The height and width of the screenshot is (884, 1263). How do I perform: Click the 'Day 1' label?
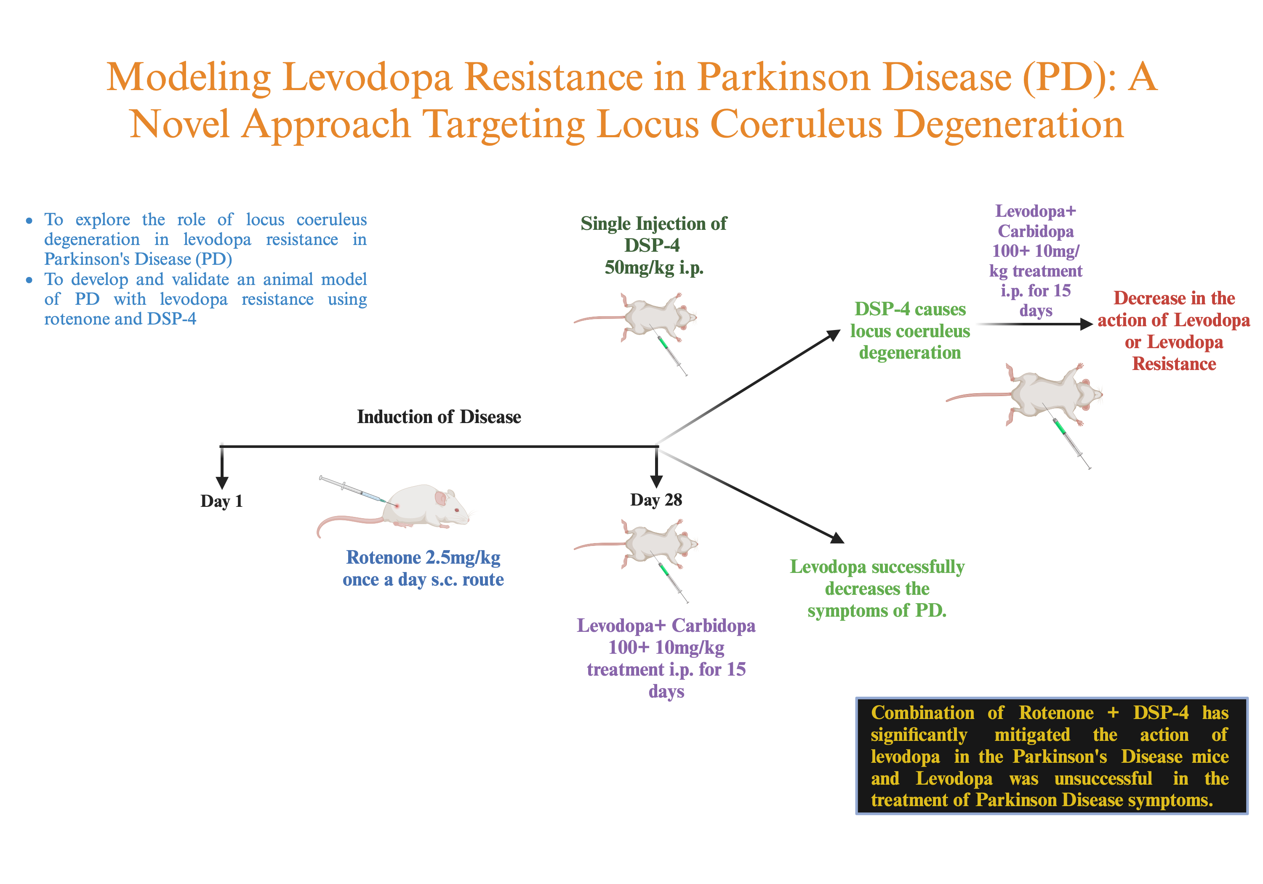(x=221, y=501)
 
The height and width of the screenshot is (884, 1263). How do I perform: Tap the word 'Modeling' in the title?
(x=188, y=77)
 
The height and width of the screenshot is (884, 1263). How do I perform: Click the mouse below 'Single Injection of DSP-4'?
(x=655, y=318)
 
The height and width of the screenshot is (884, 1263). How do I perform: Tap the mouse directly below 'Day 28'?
(x=655, y=545)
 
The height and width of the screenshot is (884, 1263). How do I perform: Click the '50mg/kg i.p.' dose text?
(x=653, y=268)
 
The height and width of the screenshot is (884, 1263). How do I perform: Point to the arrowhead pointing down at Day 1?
(x=222, y=482)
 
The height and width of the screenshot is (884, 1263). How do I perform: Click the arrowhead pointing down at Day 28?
(x=656, y=481)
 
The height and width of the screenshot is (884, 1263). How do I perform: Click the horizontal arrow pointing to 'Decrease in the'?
(x=1034, y=324)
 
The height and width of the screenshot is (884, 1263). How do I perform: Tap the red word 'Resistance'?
(x=1173, y=364)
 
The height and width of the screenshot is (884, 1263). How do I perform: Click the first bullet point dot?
(x=29, y=221)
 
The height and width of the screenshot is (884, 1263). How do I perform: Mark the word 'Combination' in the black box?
(x=922, y=713)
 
